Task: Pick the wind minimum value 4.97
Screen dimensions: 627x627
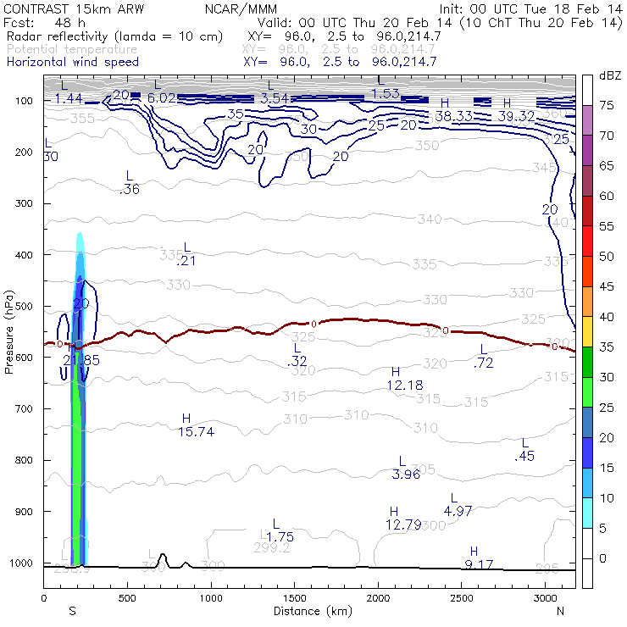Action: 458,510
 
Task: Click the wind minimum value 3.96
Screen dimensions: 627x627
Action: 407,474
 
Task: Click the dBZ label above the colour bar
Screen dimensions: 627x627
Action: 610,76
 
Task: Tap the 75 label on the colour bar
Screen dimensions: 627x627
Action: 606,105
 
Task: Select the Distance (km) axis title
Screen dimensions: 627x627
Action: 309,611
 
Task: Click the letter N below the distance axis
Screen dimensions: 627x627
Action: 560,611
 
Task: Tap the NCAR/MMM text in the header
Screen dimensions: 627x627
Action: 241,8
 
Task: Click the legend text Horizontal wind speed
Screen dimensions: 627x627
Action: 73,62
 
